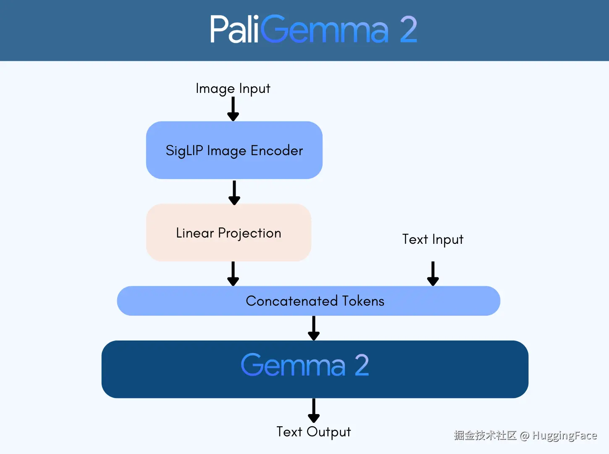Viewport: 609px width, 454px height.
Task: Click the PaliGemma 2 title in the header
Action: (313, 29)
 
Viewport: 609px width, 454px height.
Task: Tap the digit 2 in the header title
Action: (408, 29)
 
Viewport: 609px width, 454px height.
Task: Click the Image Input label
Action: (233, 89)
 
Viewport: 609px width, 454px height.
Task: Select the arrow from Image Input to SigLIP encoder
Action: (233, 108)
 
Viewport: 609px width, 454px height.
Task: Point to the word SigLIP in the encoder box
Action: (184, 150)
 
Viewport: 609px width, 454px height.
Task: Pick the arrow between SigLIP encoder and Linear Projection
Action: (234, 192)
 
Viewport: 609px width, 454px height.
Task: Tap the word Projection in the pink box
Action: (249, 233)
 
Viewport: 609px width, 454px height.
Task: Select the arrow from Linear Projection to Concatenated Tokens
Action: (233, 273)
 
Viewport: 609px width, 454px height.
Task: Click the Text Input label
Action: (433, 239)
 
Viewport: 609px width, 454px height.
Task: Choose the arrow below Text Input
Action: (433, 273)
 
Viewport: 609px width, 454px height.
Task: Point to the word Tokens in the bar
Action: (363, 301)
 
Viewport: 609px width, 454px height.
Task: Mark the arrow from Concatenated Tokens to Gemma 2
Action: (314, 328)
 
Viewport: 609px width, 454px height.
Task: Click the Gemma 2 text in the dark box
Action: (304, 365)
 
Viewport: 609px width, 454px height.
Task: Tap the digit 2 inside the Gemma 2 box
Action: (361, 365)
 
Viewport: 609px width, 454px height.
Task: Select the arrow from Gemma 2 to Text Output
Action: (314, 410)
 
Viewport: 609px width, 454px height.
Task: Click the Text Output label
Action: (313, 432)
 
